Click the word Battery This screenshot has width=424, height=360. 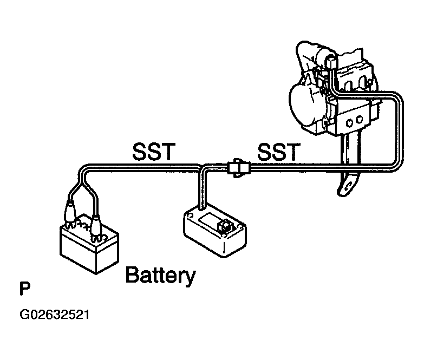point(160,276)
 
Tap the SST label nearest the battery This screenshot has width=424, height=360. point(154,152)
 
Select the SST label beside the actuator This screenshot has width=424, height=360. point(278,152)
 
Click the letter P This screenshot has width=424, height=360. point(25,289)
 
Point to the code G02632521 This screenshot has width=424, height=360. point(54,315)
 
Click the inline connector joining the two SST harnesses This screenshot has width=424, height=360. point(238,168)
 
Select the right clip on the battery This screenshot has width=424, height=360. point(96,226)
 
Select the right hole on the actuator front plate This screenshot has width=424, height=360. point(359,119)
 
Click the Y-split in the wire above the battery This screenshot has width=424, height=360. point(83,180)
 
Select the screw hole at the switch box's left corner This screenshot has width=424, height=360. point(190,215)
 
